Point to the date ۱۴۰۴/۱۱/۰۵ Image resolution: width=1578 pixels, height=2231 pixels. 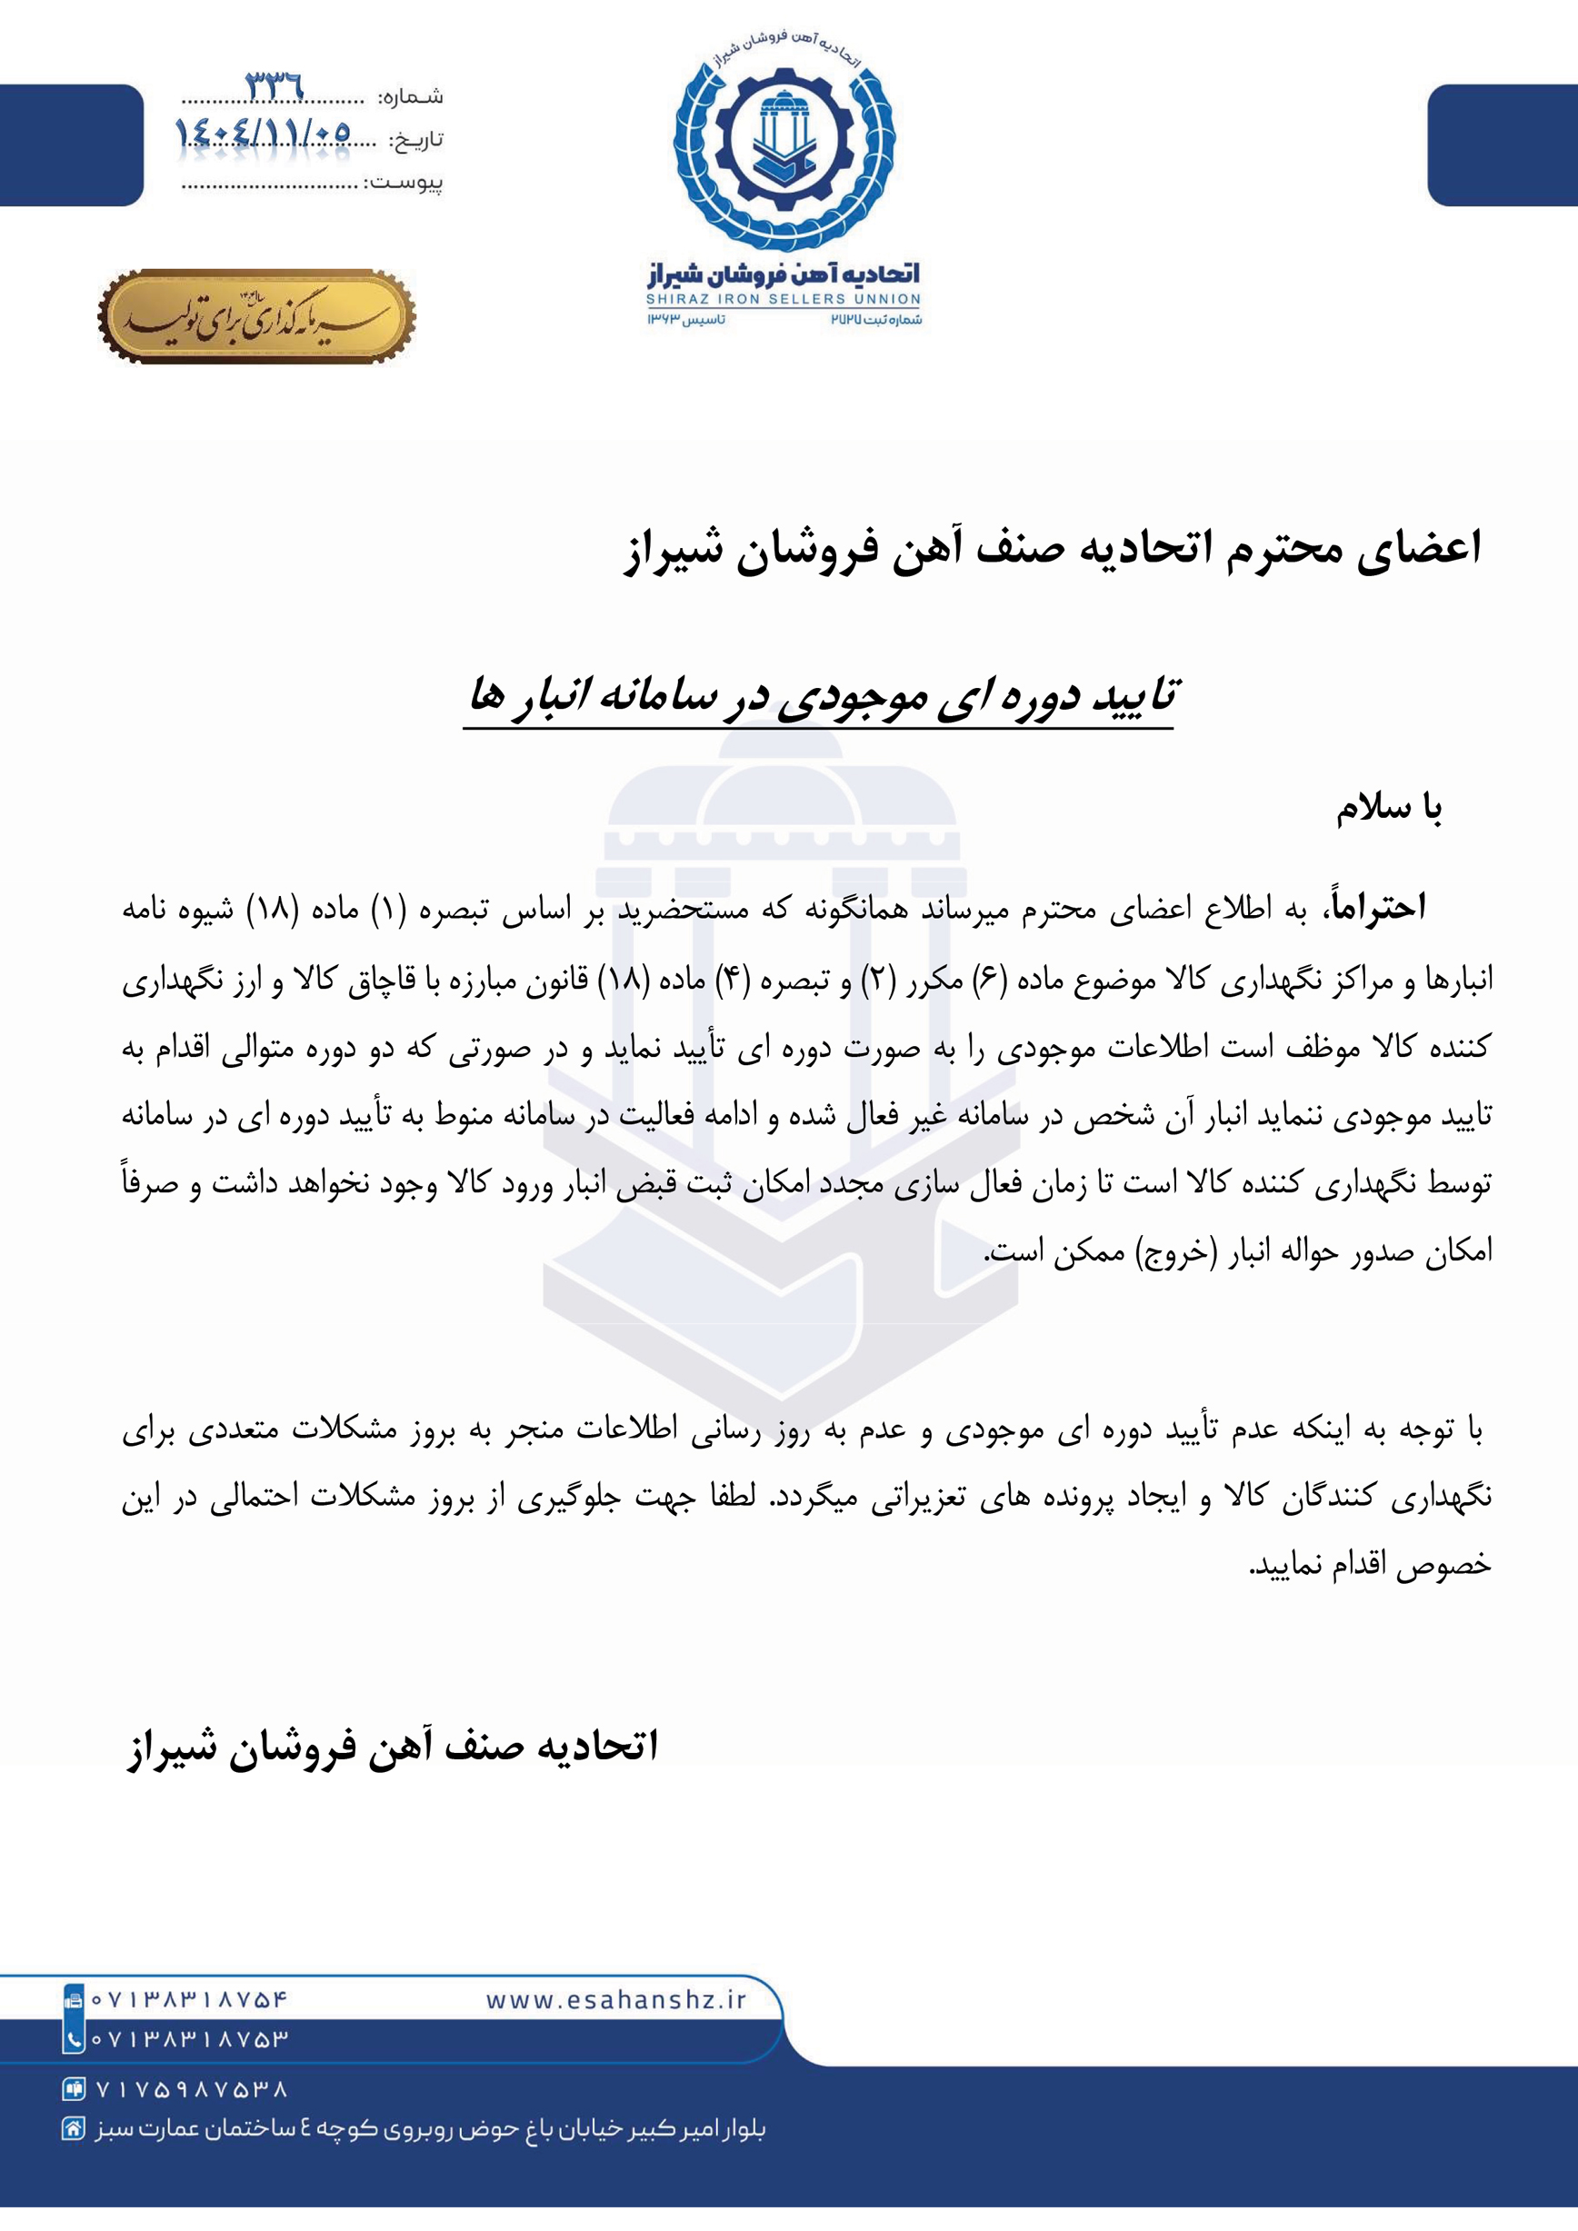tap(263, 132)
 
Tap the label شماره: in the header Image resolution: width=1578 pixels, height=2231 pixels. tap(410, 97)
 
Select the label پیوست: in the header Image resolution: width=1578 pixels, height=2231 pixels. tap(404, 184)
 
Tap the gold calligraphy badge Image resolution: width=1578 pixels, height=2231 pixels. tap(256, 317)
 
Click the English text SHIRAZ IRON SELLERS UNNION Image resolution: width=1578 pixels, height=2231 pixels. tap(784, 299)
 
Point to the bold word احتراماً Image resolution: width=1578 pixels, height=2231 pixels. tap(1378, 908)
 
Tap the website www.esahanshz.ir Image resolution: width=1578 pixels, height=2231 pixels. tap(616, 2000)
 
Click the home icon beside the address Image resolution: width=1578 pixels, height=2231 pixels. tap(73, 2129)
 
